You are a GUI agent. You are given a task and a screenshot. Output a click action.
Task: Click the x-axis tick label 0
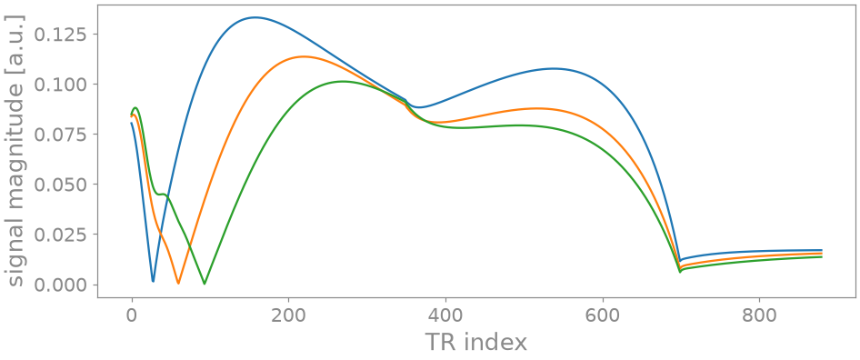(x=132, y=315)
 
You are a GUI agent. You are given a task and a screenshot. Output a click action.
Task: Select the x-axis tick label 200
(x=288, y=315)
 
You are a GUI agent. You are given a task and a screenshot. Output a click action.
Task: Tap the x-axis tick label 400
(x=445, y=315)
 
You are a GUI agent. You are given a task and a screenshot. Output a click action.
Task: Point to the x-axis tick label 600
(x=603, y=315)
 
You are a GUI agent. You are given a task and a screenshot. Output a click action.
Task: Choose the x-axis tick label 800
(x=760, y=315)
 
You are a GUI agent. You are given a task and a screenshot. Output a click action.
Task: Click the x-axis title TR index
(x=476, y=343)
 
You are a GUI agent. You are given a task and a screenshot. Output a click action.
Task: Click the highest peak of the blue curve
(x=255, y=17)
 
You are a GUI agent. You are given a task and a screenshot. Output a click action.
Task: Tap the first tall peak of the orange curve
(x=304, y=56)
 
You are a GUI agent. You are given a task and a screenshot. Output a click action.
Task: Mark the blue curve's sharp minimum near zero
(x=153, y=281)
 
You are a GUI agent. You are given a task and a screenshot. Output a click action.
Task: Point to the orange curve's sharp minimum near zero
(x=178, y=283)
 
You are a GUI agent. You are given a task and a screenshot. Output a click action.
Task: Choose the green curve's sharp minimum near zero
(x=205, y=284)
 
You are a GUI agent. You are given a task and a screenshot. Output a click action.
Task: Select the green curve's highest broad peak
(x=343, y=81)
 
